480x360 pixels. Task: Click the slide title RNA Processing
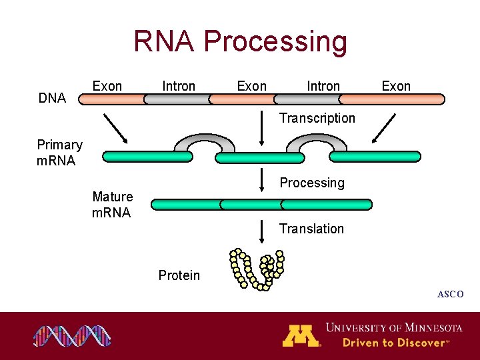[240, 41]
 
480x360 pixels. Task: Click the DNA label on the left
[52, 99]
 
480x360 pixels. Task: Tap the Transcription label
[317, 118]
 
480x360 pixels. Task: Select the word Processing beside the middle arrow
[312, 183]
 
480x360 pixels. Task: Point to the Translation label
[311, 229]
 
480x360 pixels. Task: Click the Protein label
[179, 275]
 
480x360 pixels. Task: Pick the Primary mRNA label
[59, 153]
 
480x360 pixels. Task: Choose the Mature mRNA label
[112, 205]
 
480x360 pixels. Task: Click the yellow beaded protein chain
[257, 269]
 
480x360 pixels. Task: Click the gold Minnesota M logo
[301, 335]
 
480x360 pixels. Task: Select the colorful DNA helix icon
[72, 336]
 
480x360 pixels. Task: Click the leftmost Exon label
[107, 86]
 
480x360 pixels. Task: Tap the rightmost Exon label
[396, 86]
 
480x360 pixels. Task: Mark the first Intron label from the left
[179, 86]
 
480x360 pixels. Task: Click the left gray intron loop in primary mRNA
[192, 142]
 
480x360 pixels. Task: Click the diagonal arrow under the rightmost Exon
[383, 128]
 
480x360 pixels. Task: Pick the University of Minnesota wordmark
[393, 327]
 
